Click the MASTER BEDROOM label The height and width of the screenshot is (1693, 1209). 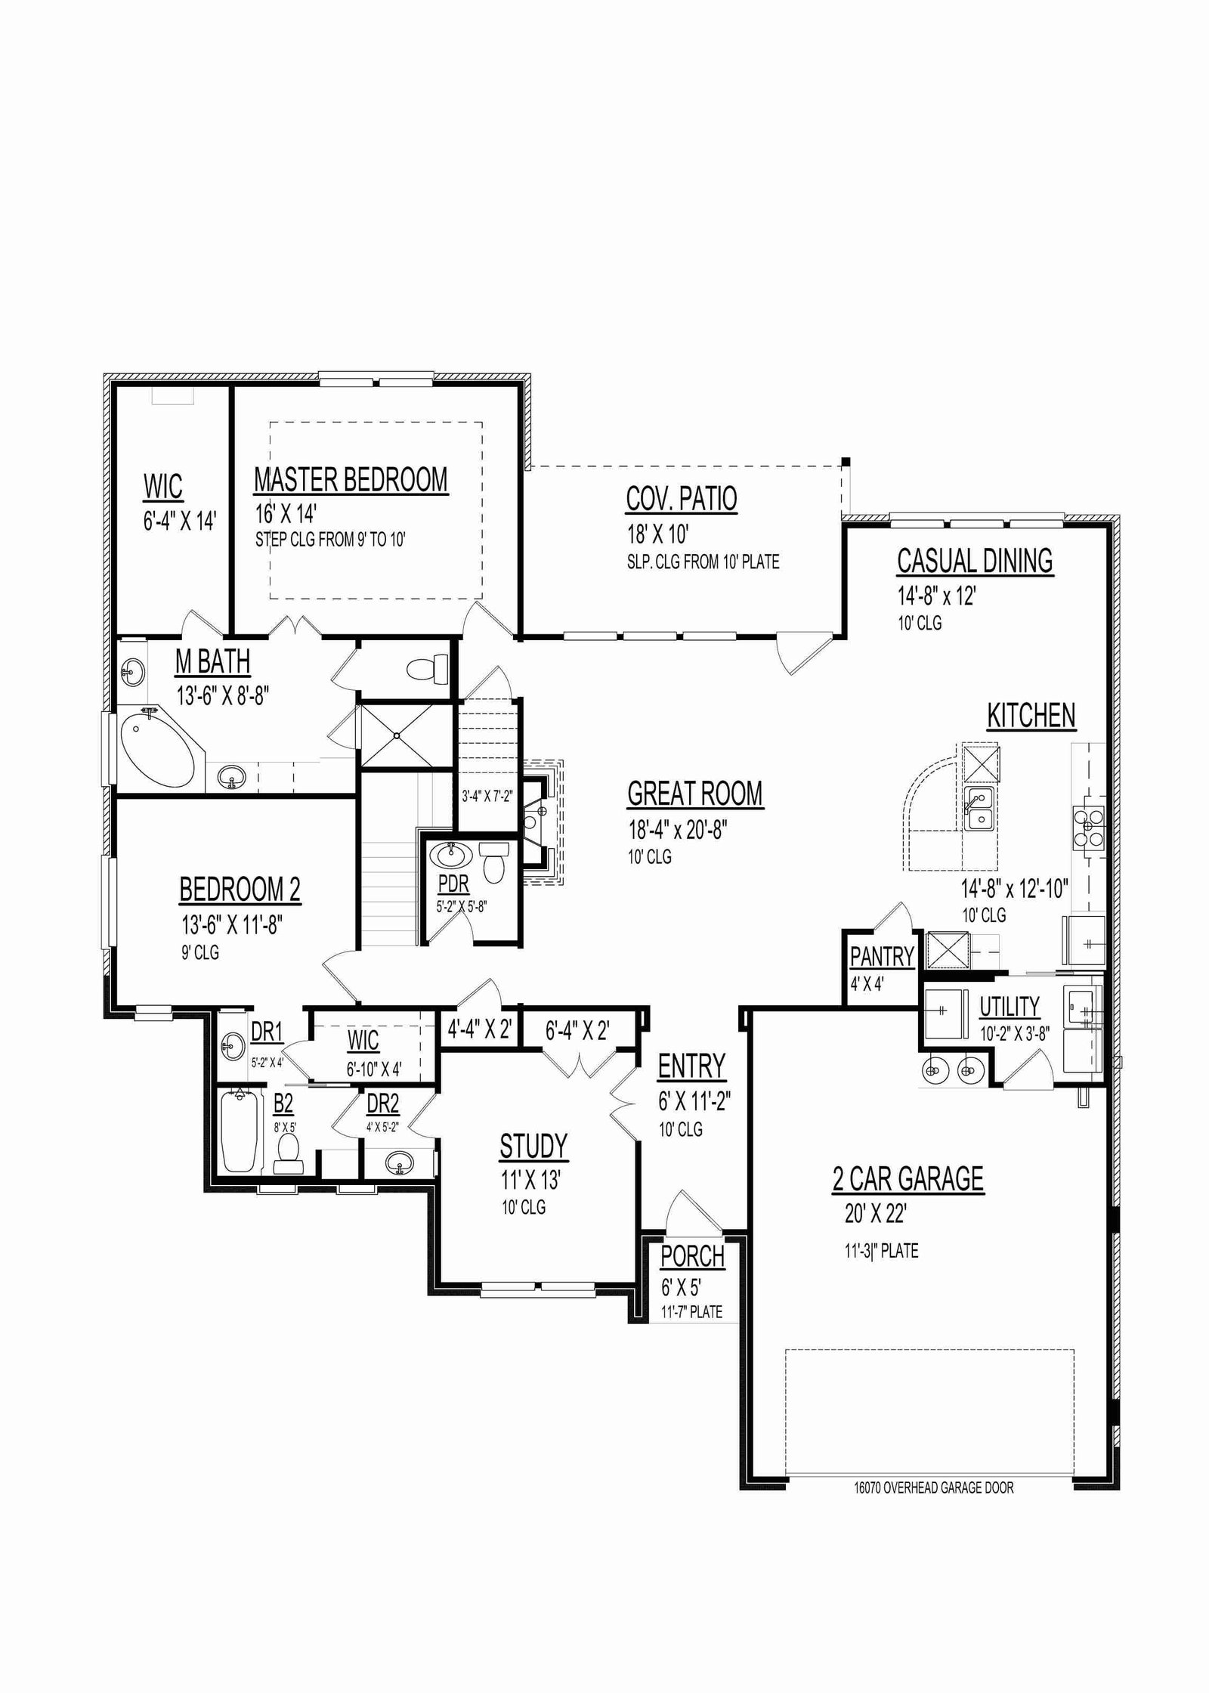(351, 480)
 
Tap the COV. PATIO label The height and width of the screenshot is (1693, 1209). (682, 499)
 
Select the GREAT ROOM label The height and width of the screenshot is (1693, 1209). (695, 794)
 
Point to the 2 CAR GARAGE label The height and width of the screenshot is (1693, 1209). (908, 1178)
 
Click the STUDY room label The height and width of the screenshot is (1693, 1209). (533, 1147)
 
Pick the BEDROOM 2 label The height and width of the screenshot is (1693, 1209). (240, 890)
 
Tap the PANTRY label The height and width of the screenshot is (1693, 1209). (882, 957)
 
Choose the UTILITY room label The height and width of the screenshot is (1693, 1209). (1010, 1007)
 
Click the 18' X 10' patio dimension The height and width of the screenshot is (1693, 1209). (657, 534)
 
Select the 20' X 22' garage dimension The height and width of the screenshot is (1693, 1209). (876, 1214)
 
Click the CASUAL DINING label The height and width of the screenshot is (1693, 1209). (975, 561)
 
